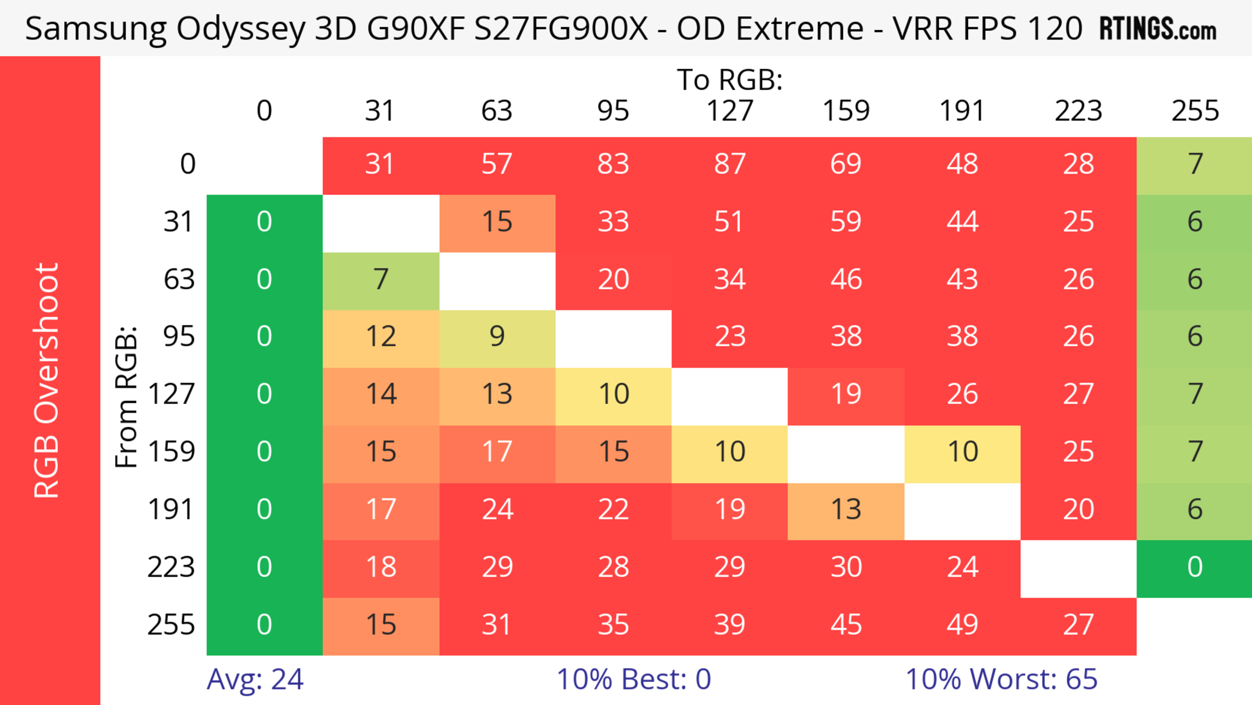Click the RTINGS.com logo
point(1158,28)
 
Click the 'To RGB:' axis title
point(730,79)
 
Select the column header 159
point(846,111)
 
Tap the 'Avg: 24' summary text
point(255,679)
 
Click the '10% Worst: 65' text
point(1001,679)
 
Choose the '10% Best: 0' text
point(633,679)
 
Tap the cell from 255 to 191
point(962,625)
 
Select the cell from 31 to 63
point(497,222)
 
